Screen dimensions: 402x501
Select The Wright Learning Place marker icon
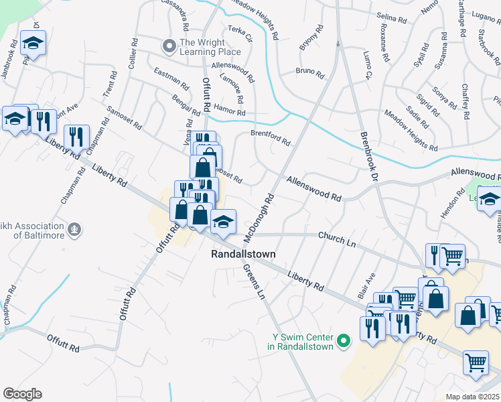coord(168,46)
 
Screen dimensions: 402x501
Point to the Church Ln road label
coord(336,238)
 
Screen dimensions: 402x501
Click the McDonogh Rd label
coord(260,218)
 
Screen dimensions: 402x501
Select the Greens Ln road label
coord(254,281)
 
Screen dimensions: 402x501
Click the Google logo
coord(22,394)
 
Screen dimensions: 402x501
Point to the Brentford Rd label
coord(270,138)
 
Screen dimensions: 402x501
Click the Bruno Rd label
coord(309,71)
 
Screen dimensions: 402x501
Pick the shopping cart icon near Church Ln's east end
coord(453,254)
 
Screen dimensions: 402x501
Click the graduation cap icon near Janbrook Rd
coord(32,44)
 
